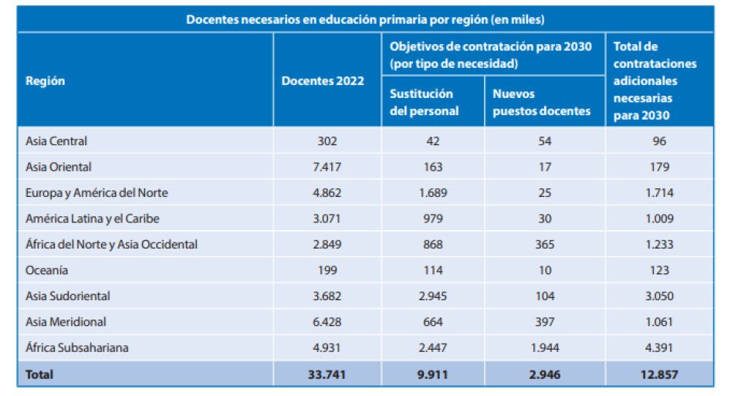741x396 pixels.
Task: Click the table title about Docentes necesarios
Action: coord(365,19)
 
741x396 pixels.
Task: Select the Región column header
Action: coord(46,81)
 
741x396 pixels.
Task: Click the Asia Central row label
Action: coord(57,141)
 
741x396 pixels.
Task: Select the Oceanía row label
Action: coord(47,270)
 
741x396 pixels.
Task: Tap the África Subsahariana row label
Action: coord(77,347)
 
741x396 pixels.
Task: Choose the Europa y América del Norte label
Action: coord(97,193)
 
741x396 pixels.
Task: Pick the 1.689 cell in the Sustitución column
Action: coord(432,193)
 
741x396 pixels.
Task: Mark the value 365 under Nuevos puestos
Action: coord(545,244)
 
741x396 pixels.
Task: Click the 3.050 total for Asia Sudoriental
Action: coord(658,296)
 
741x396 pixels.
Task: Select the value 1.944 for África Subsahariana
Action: coord(545,347)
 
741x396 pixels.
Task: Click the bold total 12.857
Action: coord(658,374)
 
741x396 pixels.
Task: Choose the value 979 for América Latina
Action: coord(432,218)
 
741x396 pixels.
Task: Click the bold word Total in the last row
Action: coord(40,374)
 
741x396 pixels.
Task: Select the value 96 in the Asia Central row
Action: coord(658,141)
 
